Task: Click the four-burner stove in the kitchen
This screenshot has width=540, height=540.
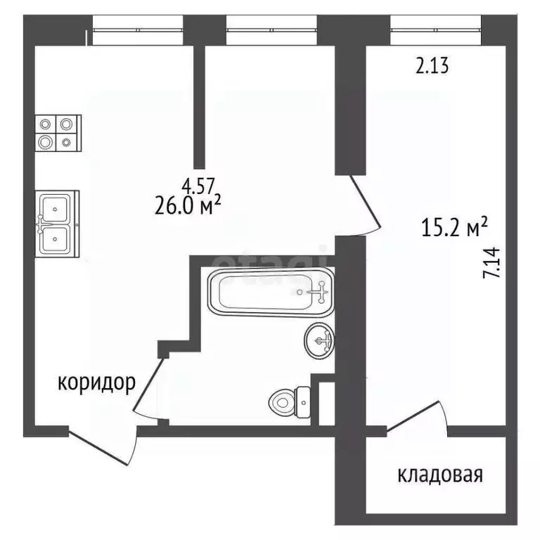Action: (x=57, y=132)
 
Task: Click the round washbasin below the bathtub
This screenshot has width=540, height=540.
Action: (x=319, y=342)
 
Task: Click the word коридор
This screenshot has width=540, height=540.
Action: (x=96, y=383)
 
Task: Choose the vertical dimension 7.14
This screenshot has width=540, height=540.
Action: (x=492, y=263)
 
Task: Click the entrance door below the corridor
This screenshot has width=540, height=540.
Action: (x=102, y=446)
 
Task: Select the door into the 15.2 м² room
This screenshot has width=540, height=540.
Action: (x=366, y=206)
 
